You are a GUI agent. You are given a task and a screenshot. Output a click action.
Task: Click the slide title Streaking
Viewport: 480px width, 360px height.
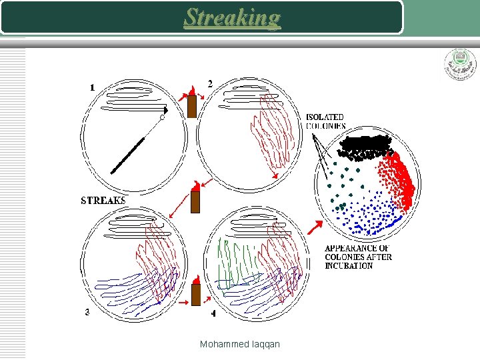[x=233, y=17]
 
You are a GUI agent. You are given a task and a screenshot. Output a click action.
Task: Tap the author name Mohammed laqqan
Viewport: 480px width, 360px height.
[x=240, y=344]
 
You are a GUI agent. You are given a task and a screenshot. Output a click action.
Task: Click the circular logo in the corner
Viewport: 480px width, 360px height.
[x=460, y=65]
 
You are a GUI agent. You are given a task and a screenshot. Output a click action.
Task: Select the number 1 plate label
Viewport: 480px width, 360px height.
[x=92, y=87]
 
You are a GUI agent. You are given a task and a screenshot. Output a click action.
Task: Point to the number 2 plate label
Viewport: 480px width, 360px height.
[x=211, y=84]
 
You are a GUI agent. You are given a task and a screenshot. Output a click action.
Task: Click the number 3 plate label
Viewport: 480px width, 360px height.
[x=88, y=312]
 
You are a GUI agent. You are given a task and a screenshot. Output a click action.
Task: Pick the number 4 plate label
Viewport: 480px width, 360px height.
[x=213, y=313]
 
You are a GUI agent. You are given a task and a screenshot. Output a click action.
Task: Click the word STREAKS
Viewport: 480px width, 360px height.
[x=103, y=200]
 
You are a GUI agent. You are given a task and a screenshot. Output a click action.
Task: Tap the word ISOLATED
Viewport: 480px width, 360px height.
[x=325, y=117]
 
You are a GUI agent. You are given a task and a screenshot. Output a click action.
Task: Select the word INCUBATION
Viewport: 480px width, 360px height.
[x=349, y=266]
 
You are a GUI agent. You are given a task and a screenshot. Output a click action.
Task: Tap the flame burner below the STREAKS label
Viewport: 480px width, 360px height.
[x=195, y=199]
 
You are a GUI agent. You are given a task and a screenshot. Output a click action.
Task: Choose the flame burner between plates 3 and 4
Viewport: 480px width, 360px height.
[x=195, y=293]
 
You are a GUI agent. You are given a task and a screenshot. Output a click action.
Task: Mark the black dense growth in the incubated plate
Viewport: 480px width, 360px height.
[x=364, y=146]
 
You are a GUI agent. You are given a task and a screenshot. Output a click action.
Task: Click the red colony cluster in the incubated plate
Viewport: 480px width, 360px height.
[x=399, y=180]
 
